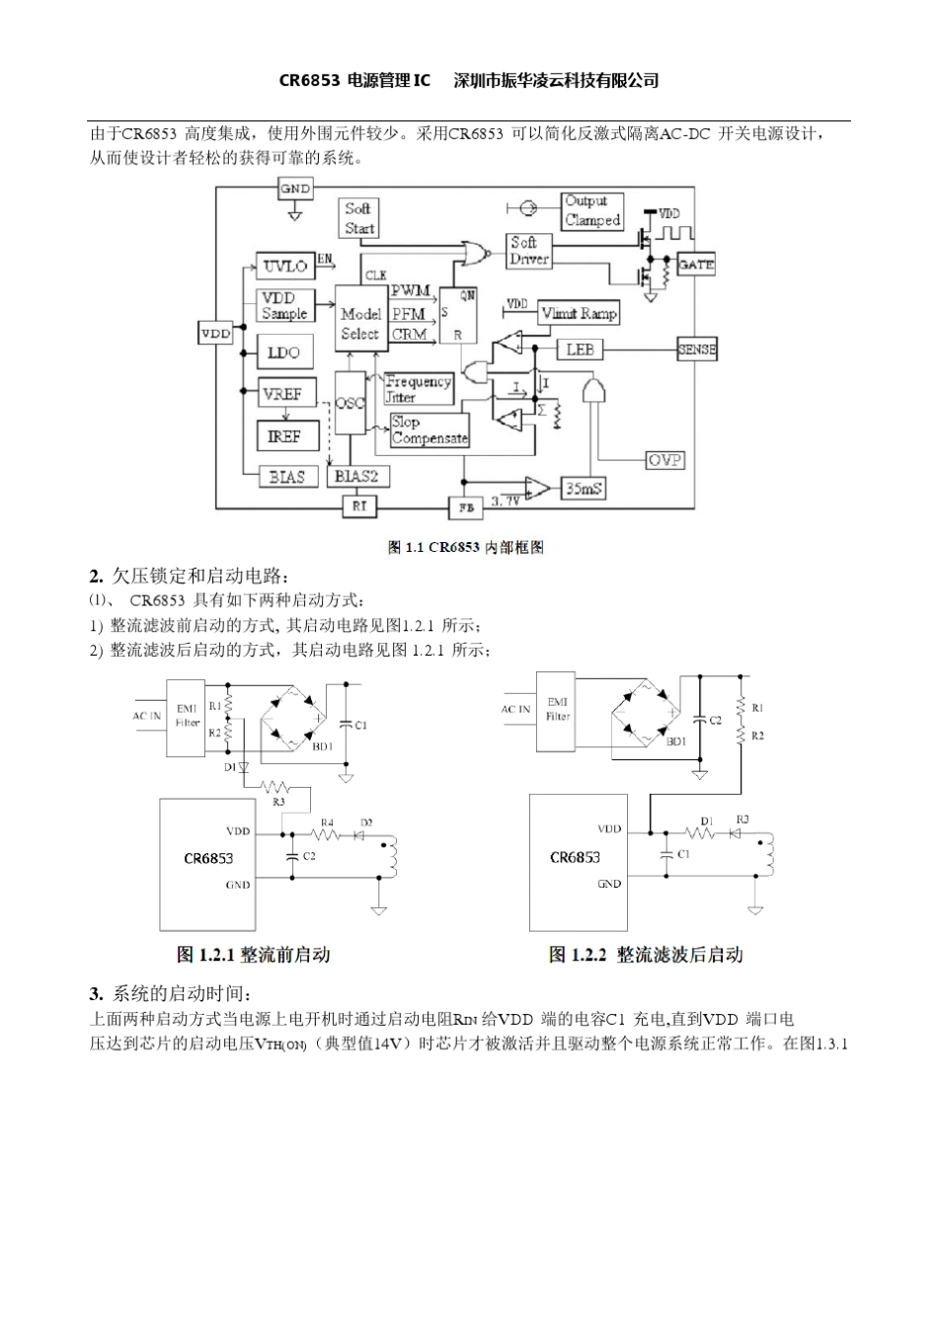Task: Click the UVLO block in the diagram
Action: click(285, 266)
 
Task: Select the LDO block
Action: click(284, 352)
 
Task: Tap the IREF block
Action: click(284, 435)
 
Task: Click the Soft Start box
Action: click(358, 218)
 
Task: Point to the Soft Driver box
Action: click(529, 250)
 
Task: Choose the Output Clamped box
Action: click(592, 211)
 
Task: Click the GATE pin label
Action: click(696, 265)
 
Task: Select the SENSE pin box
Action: click(697, 350)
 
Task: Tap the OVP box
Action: click(664, 460)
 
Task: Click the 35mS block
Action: click(584, 488)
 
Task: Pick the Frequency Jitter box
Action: click(418, 389)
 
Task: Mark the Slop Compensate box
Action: click(429, 429)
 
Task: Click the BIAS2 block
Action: click(356, 476)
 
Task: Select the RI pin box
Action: click(356, 506)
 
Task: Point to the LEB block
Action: click(580, 350)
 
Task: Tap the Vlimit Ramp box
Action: click(579, 313)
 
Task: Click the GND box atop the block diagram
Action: click(295, 189)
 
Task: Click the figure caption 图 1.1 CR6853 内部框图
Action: click(466, 547)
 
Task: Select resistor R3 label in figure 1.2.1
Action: click(279, 802)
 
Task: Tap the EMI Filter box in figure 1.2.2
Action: click(557, 709)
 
